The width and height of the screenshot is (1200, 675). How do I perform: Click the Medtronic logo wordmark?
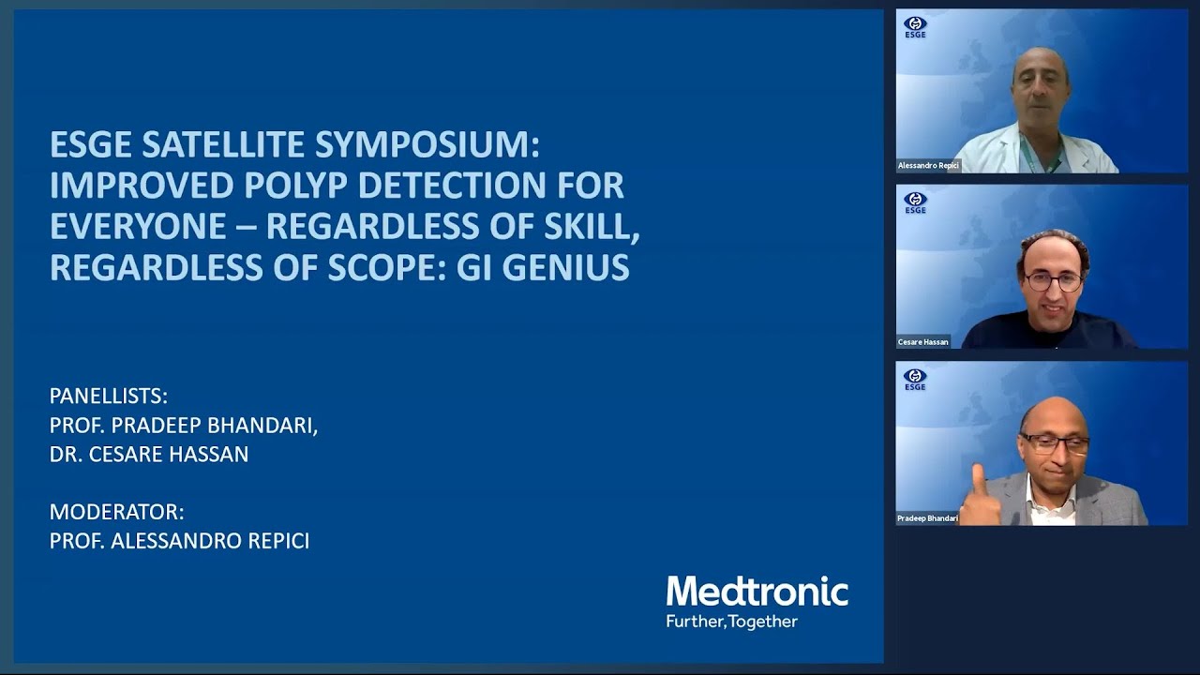(x=757, y=592)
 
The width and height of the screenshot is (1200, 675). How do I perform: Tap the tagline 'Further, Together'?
(x=731, y=622)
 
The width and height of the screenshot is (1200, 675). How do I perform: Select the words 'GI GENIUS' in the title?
(x=543, y=268)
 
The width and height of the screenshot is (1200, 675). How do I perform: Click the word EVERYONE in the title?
(x=138, y=227)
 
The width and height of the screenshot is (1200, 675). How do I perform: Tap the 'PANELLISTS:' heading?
(x=109, y=396)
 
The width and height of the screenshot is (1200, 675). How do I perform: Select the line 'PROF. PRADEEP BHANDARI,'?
(x=184, y=425)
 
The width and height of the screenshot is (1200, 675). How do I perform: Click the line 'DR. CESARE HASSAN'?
(x=149, y=455)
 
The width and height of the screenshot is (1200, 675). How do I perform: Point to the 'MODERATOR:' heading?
(x=117, y=512)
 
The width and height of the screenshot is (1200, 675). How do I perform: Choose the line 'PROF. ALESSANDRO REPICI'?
(x=179, y=541)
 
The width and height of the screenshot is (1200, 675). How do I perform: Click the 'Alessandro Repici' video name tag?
(x=928, y=166)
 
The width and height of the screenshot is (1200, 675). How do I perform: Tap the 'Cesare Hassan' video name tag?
(x=922, y=342)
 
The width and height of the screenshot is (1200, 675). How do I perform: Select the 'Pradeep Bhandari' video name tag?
(x=927, y=518)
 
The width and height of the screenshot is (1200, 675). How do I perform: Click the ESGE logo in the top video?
(x=915, y=27)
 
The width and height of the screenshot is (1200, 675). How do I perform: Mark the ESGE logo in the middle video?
(x=915, y=202)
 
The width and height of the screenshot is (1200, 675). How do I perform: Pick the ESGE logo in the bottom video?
(x=915, y=379)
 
